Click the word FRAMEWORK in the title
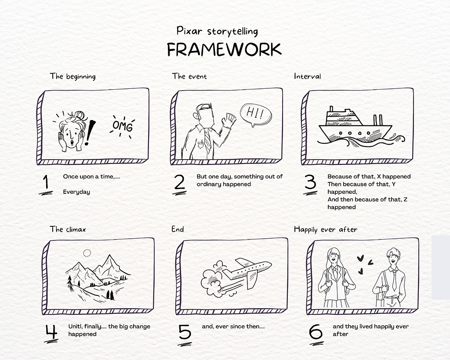click(224, 49)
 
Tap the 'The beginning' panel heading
click(73, 76)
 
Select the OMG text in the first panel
click(123, 126)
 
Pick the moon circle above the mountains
click(87, 253)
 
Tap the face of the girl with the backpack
click(333, 258)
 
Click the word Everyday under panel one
click(76, 192)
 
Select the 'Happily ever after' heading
click(326, 229)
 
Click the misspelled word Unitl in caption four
click(76, 327)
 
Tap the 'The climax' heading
click(68, 229)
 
